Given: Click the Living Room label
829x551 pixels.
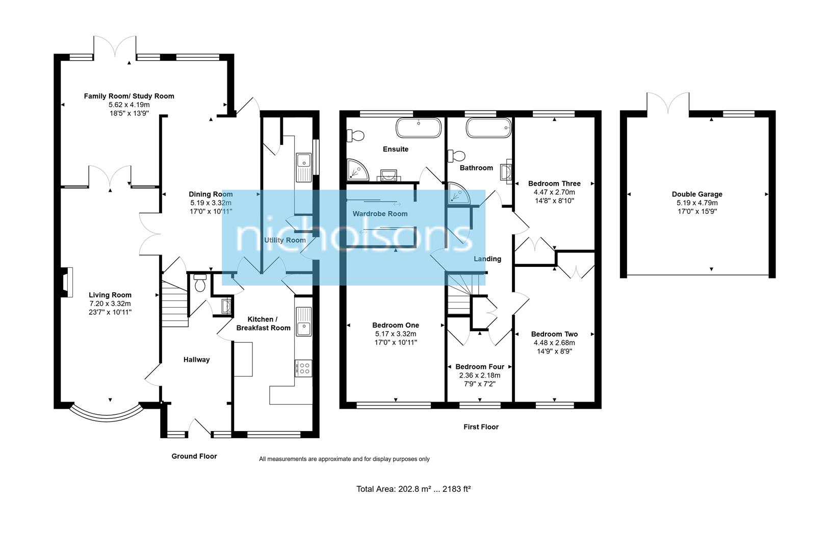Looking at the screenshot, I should [110, 295].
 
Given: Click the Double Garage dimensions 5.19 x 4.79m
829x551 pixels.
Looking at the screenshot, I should [697, 203].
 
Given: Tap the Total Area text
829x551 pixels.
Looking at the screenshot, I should [413, 489].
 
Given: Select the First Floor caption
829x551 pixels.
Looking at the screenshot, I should [481, 427].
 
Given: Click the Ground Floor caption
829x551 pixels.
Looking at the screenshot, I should [194, 456].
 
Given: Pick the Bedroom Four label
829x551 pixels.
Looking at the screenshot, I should [479, 366].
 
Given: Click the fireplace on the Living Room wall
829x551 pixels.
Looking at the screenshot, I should [66, 282].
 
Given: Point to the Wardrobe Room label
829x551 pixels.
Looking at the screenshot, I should [380, 214].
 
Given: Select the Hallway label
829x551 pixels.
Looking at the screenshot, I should [196, 360].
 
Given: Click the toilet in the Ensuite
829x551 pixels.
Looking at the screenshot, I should [356, 135].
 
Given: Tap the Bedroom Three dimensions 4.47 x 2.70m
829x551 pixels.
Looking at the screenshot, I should [554, 192].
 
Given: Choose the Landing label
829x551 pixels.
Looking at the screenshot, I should [487, 259].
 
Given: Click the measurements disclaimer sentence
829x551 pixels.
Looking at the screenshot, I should [344, 459].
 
